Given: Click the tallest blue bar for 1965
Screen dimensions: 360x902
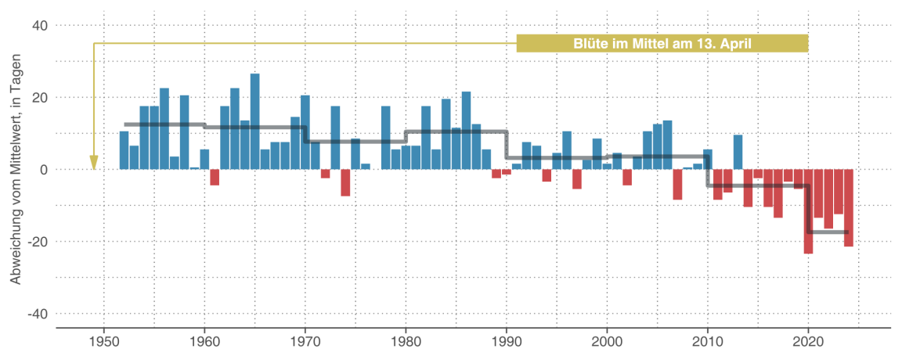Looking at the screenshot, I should tap(255, 121).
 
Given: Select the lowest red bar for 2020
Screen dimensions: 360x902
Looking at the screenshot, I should tap(808, 211).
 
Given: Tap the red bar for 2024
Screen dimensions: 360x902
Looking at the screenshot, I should tap(848, 207).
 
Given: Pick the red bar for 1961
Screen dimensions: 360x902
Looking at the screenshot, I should tap(215, 177).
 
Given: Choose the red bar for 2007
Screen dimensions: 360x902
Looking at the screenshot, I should tap(677, 184).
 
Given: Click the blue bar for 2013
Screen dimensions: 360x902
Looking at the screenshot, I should tap(738, 152).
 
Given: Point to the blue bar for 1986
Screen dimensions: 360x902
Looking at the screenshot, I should tap(466, 131).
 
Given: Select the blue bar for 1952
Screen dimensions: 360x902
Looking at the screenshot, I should tap(124, 150).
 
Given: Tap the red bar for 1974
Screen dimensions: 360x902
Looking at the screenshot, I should tap(345, 182).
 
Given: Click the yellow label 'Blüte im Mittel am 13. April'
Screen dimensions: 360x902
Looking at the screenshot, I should tap(662, 44).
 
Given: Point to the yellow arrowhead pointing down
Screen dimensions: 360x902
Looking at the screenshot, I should tap(94, 163).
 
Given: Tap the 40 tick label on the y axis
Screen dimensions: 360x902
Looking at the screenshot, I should tap(40, 26).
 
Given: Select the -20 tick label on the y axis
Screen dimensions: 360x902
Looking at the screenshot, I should tap(38, 242).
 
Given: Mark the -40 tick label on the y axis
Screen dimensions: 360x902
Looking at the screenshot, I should tap(38, 314).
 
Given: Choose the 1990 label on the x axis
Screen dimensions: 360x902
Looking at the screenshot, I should tap(506, 341).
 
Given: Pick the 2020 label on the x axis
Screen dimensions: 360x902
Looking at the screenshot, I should tap(808, 341).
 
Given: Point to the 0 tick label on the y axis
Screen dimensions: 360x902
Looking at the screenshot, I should tap(44, 170).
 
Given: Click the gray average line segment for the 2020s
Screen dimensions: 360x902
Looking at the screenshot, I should tap(828, 232).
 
